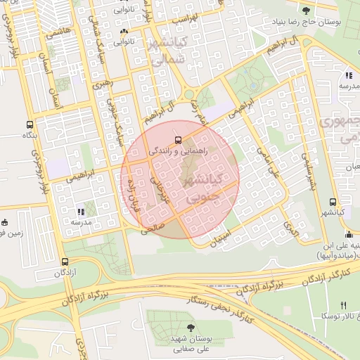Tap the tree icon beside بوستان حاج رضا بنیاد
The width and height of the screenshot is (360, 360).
[306, 10]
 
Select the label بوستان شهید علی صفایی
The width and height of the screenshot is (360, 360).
[191, 343]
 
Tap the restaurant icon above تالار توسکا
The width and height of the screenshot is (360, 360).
[343, 305]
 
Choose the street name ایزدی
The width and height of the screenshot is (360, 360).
[290, 226]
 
